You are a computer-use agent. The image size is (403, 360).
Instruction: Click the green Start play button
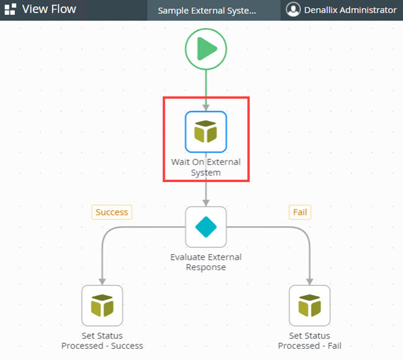[x=206, y=48]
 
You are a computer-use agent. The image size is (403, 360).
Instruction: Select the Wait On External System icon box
[x=206, y=131]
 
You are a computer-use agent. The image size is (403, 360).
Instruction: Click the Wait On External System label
[x=206, y=167]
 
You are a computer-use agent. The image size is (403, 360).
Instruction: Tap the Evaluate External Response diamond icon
[x=206, y=227]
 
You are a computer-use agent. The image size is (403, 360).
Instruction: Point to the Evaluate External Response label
[x=206, y=262]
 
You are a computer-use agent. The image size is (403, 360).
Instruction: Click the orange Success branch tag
[x=112, y=212]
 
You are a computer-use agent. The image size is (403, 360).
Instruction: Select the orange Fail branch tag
[x=299, y=212]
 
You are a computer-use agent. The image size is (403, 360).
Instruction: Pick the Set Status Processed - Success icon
[x=102, y=305]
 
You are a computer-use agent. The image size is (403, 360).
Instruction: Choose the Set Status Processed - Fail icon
[x=309, y=305]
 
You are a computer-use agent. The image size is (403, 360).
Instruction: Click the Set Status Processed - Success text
[x=102, y=341]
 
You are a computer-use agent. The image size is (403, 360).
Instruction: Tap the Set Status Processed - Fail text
[x=309, y=341]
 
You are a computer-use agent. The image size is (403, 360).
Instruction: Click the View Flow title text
[x=49, y=9]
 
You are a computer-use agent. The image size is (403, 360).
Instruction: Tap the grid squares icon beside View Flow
[x=10, y=10]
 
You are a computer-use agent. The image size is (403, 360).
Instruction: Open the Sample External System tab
[x=206, y=11]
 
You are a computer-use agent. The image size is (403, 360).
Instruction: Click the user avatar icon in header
[x=293, y=10]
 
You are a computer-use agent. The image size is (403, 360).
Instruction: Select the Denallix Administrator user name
[x=350, y=10]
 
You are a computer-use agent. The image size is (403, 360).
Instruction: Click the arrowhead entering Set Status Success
[x=102, y=281]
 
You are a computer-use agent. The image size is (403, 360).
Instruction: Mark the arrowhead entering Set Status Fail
[x=309, y=281]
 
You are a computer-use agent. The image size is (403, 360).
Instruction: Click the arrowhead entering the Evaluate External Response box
[x=206, y=202]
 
